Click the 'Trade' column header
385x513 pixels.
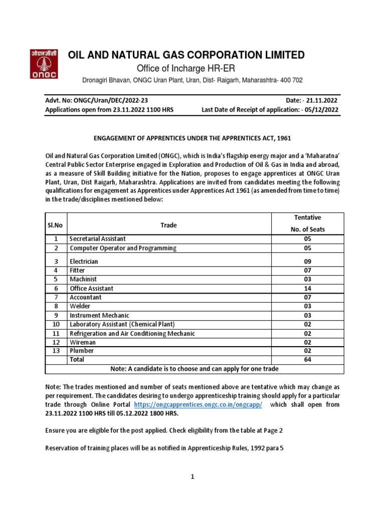tap(168, 225)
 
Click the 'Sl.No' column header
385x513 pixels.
tap(56, 225)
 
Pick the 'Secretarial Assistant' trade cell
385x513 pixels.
tap(98, 239)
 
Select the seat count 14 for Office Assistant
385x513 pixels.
tap(307, 289)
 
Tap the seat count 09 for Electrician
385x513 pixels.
tap(307, 262)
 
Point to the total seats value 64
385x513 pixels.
tap(307, 360)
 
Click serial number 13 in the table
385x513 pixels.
tap(56, 351)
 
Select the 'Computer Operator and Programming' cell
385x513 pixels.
tap(123, 248)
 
